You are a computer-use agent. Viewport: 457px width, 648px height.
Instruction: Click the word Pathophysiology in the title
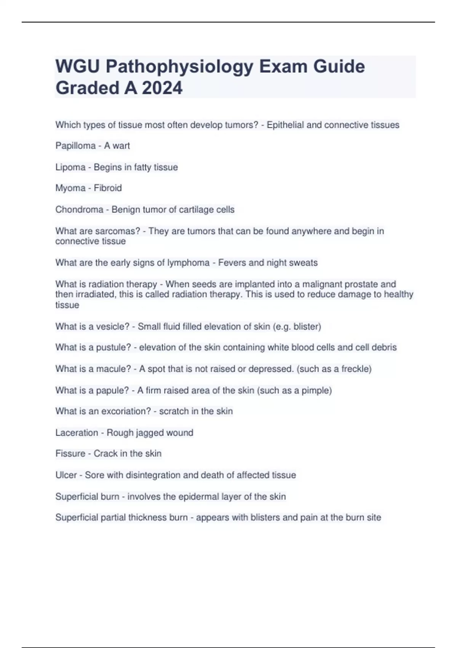tap(179, 67)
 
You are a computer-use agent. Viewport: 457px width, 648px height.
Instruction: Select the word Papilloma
tap(75, 146)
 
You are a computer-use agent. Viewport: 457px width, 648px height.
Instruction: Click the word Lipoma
tap(70, 167)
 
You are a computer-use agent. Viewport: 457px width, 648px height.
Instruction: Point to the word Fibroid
tap(108, 188)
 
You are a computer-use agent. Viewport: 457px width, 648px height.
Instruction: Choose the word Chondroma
tap(79, 209)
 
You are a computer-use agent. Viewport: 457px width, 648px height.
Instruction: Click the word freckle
tap(356, 369)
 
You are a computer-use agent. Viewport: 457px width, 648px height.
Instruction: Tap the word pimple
tap(316, 390)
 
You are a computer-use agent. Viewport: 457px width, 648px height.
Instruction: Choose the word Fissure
tap(70, 453)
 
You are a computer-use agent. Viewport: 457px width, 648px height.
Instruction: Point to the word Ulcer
tap(66, 475)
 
